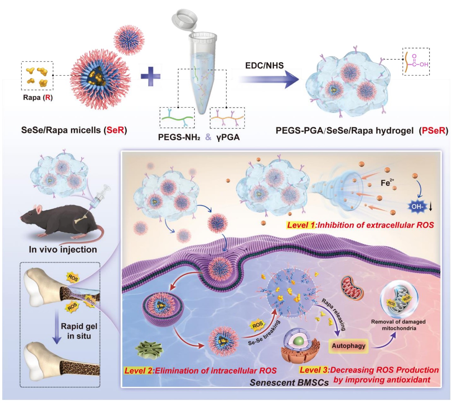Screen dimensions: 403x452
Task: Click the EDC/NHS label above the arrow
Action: [264, 65]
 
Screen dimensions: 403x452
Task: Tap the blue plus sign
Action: [150, 76]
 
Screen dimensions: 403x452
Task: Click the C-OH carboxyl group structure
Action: [416, 61]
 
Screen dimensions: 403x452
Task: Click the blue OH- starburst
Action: [417, 207]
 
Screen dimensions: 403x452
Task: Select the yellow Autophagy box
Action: [348, 346]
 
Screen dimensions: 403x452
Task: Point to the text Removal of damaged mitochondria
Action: [398, 325]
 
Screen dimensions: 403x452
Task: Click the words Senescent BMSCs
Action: [289, 383]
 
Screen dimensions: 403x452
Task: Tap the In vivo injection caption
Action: [63, 250]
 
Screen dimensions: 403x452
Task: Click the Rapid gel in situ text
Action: [79, 331]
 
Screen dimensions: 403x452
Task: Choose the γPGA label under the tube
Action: [228, 137]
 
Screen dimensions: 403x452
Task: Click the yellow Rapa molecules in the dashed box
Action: [37, 76]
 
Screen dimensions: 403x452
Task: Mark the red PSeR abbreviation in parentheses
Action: [433, 130]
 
